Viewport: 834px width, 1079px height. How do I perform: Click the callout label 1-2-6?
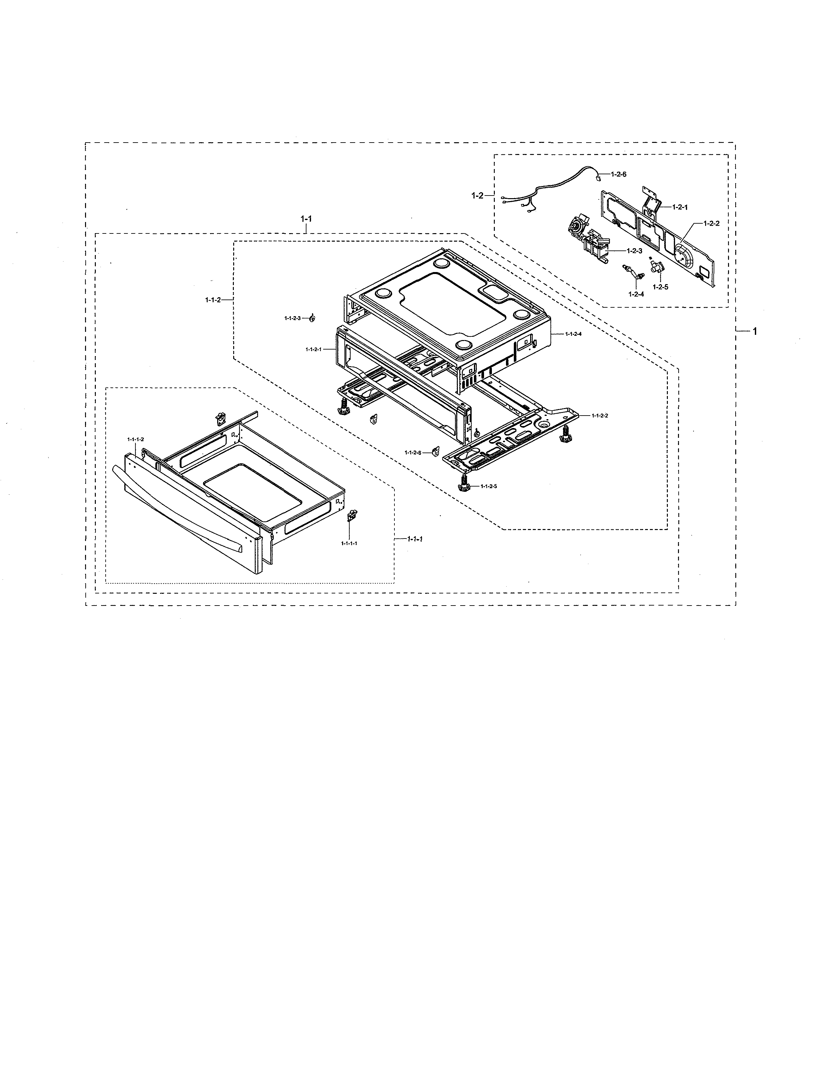(618, 174)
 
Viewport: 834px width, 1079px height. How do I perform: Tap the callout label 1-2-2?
(711, 223)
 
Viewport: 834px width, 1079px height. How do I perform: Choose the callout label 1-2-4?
(636, 294)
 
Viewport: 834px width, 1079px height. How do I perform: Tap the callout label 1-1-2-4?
(573, 334)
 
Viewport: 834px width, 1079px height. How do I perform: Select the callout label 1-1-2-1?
(313, 349)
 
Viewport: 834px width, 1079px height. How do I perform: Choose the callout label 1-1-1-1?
(349, 543)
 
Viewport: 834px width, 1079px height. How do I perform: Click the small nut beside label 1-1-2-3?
(312, 319)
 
